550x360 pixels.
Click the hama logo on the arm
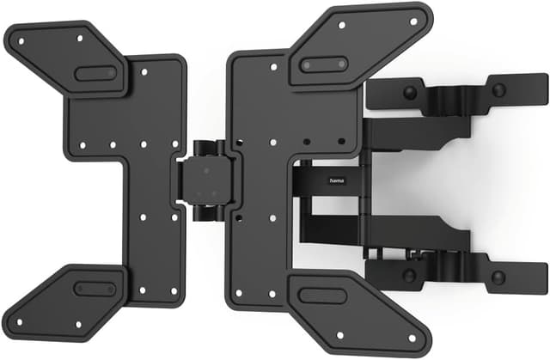[x=331, y=181]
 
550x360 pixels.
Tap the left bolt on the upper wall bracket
[x=411, y=92]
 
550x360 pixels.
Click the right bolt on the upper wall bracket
[x=498, y=89]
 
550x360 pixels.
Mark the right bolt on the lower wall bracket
[x=498, y=278]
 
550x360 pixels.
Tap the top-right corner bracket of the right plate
[x=361, y=43]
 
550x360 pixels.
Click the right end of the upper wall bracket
[x=537, y=89]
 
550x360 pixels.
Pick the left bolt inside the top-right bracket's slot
[x=308, y=65]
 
